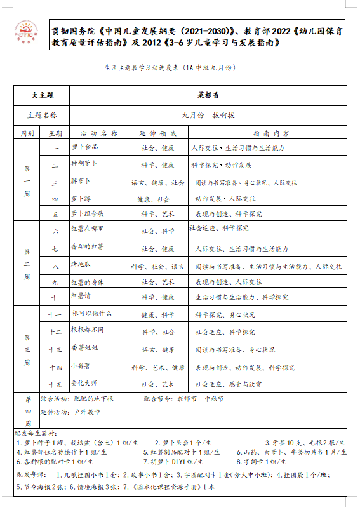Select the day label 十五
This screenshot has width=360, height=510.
pos(55,384)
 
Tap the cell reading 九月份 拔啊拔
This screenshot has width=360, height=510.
pos(208,116)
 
